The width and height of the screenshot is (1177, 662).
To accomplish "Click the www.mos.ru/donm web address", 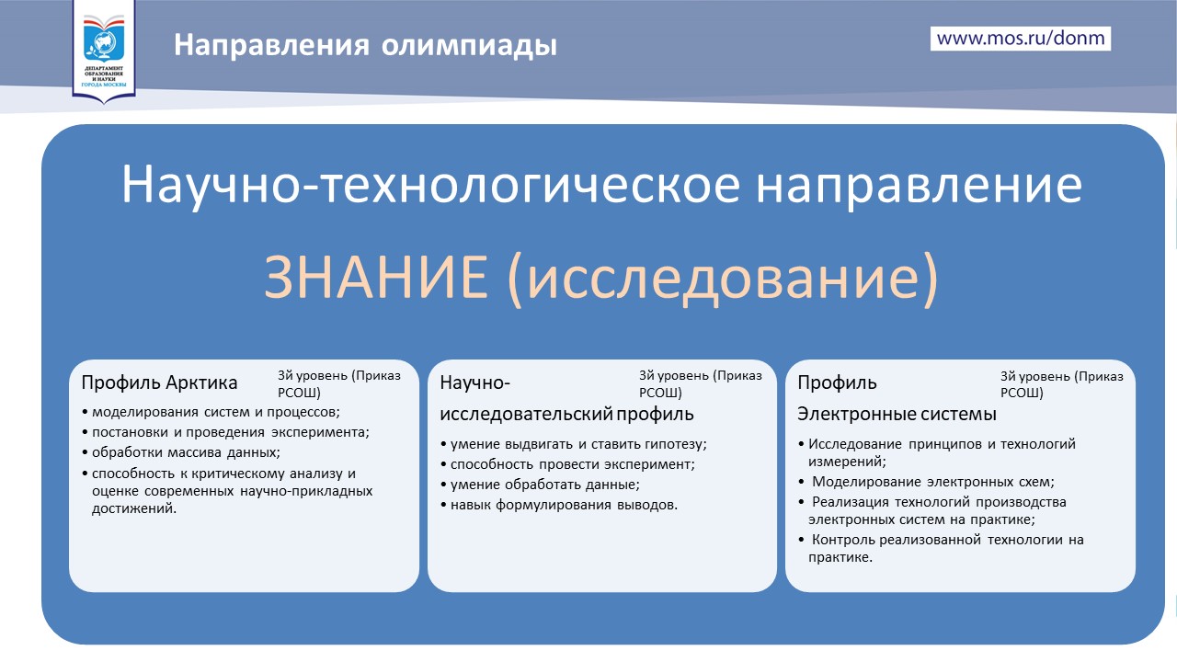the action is click(x=1021, y=39).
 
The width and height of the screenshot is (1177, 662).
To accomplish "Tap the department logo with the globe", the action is click(x=104, y=50).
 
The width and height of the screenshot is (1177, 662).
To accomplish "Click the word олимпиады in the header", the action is click(x=469, y=45).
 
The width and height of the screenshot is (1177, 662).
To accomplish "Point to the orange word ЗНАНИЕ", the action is click(x=376, y=277).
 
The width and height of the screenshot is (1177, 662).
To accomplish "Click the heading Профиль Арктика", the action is click(x=159, y=382).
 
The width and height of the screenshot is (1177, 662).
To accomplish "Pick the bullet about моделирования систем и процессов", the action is click(x=211, y=412).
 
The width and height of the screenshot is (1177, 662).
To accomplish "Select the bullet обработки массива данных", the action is click(x=181, y=452).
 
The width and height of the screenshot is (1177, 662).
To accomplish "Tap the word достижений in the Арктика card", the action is click(x=134, y=508).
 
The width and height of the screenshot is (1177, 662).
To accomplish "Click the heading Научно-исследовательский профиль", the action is click(x=566, y=398).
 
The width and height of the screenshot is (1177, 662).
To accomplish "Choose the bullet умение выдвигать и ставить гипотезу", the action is click(x=573, y=444).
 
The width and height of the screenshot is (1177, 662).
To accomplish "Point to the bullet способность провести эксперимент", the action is click(x=567, y=464).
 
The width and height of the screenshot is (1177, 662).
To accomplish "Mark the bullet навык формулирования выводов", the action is click(x=559, y=505).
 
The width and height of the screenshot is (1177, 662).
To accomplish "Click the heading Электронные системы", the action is click(x=897, y=414).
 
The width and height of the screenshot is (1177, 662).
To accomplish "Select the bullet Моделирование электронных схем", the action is click(x=926, y=482).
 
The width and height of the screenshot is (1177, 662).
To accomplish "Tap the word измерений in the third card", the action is click(x=847, y=462).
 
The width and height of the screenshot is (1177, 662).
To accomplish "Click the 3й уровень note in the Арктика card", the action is click(x=339, y=384).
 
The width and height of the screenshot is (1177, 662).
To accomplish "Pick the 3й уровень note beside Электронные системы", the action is click(x=1061, y=384).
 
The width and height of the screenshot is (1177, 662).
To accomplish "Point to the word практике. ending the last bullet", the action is click(x=840, y=557).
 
